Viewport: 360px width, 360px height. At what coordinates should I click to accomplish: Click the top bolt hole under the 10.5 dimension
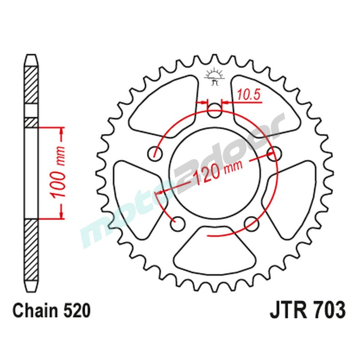[x=215, y=110]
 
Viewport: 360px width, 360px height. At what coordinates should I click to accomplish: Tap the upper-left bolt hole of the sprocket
[x=155, y=153]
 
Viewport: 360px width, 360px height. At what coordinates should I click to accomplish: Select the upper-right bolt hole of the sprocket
[x=274, y=153]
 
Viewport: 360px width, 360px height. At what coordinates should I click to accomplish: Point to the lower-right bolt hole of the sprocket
[x=251, y=224]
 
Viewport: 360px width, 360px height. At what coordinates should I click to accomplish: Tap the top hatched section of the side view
[x=31, y=85]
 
